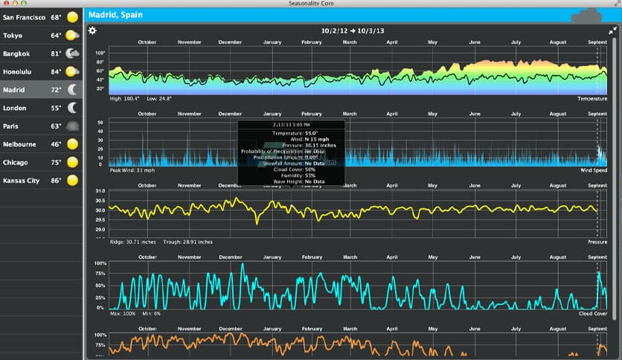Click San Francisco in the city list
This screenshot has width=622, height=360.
click(x=23, y=16)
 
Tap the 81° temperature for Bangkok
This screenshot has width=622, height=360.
click(x=56, y=54)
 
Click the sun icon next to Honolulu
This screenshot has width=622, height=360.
click(x=72, y=71)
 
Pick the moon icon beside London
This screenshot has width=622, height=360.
click(x=73, y=108)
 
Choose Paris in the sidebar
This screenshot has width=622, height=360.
click(x=11, y=126)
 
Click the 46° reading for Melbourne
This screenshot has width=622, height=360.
click(x=56, y=144)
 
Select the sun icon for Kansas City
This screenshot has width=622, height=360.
click(x=72, y=180)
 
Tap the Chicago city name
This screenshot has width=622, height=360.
click(x=16, y=162)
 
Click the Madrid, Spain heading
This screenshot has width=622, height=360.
click(x=115, y=15)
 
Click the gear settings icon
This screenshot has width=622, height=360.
click(x=92, y=30)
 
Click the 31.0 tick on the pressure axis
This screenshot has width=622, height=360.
click(x=100, y=191)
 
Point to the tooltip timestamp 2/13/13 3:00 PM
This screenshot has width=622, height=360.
click(x=291, y=124)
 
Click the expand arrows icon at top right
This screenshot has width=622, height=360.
click(x=612, y=30)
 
